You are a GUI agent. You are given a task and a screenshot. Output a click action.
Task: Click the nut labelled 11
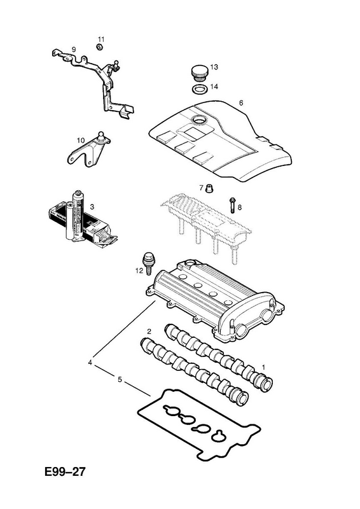pyautogui.click(x=100, y=47)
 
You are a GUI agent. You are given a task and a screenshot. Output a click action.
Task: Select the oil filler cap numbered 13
pyautogui.click(x=198, y=73)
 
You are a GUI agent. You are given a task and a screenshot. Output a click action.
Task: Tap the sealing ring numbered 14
pyautogui.click(x=199, y=89)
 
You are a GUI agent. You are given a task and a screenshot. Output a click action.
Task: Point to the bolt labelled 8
pyautogui.click(x=232, y=205)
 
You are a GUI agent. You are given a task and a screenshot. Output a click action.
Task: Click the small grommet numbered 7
pyautogui.click(x=210, y=188)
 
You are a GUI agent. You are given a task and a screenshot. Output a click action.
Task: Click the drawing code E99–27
pyautogui.click(x=66, y=471)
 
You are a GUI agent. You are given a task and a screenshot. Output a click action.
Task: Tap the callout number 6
pyautogui.click(x=241, y=103)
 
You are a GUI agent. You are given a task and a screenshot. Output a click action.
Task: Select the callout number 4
pyautogui.click(x=90, y=363)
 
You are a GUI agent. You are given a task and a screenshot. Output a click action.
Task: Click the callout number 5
pyautogui.click(x=120, y=379)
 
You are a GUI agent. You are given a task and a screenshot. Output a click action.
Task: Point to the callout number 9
pyautogui.click(x=74, y=50)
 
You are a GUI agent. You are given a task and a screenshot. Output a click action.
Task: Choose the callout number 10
pyautogui.click(x=81, y=140)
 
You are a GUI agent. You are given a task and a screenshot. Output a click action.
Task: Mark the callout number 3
pyautogui.click(x=92, y=206)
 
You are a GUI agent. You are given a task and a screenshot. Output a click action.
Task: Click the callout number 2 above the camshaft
pyautogui.click(x=149, y=331)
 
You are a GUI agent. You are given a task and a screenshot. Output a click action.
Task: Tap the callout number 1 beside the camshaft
pyautogui.click(x=263, y=367)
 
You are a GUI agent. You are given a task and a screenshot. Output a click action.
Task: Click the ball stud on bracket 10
pyautogui.click(x=102, y=136)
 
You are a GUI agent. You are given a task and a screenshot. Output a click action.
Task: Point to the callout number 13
pyautogui.click(x=214, y=67)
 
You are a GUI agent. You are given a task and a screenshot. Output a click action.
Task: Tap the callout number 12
pyautogui.click(x=139, y=270)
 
